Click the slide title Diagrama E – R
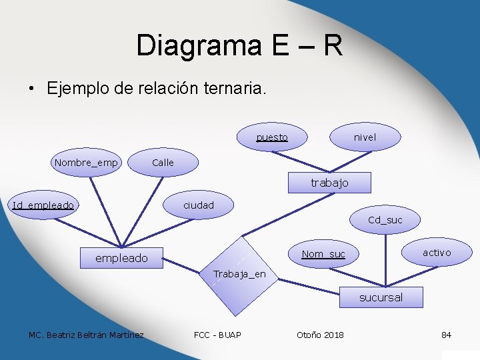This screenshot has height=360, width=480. (x=239, y=46)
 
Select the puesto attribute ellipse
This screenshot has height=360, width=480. (x=272, y=137)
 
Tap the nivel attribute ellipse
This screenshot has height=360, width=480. (x=365, y=137)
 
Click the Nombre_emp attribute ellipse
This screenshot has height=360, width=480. (x=86, y=163)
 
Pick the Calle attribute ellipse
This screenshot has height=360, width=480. (x=163, y=163)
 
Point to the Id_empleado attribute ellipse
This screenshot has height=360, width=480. (x=43, y=205)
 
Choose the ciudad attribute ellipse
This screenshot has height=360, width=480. (x=199, y=205)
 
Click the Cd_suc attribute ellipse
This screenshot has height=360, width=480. (x=385, y=220)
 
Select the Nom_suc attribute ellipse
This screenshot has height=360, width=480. (x=323, y=254)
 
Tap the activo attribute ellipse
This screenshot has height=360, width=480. (x=437, y=252)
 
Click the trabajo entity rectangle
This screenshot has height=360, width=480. (x=329, y=183)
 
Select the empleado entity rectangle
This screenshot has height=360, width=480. (x=121, y=258)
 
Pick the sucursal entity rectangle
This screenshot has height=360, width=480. (x=381, y=297)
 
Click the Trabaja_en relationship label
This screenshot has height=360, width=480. (x=239, y=274)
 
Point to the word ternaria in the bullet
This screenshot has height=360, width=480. (x=234, y=89)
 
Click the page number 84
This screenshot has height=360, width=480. (x=446, y=335)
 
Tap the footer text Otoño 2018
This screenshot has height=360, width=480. (x=320, y=335)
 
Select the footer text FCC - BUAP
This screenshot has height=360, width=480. (x=217, y=335)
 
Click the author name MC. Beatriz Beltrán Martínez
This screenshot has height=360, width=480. (x=86, y=335)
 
